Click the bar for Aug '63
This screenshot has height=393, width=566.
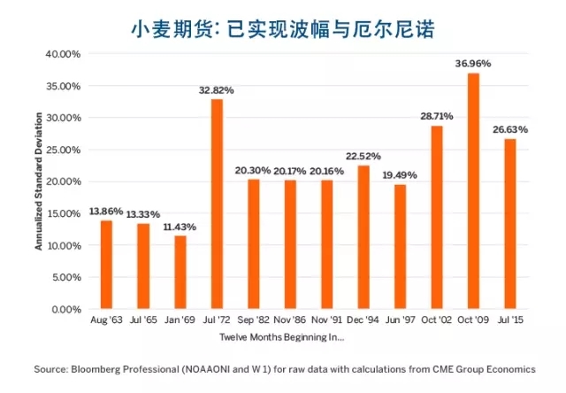[106, 265]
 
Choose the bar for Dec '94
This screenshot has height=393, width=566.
[363, 236]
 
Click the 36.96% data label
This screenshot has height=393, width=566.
[473, 63]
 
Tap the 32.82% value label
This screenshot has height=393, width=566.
[216, 89]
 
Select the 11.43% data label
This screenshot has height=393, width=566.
[180, 227]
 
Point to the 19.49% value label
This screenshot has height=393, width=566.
[400, 175]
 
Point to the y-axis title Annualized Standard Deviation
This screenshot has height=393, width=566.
[38, 182]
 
